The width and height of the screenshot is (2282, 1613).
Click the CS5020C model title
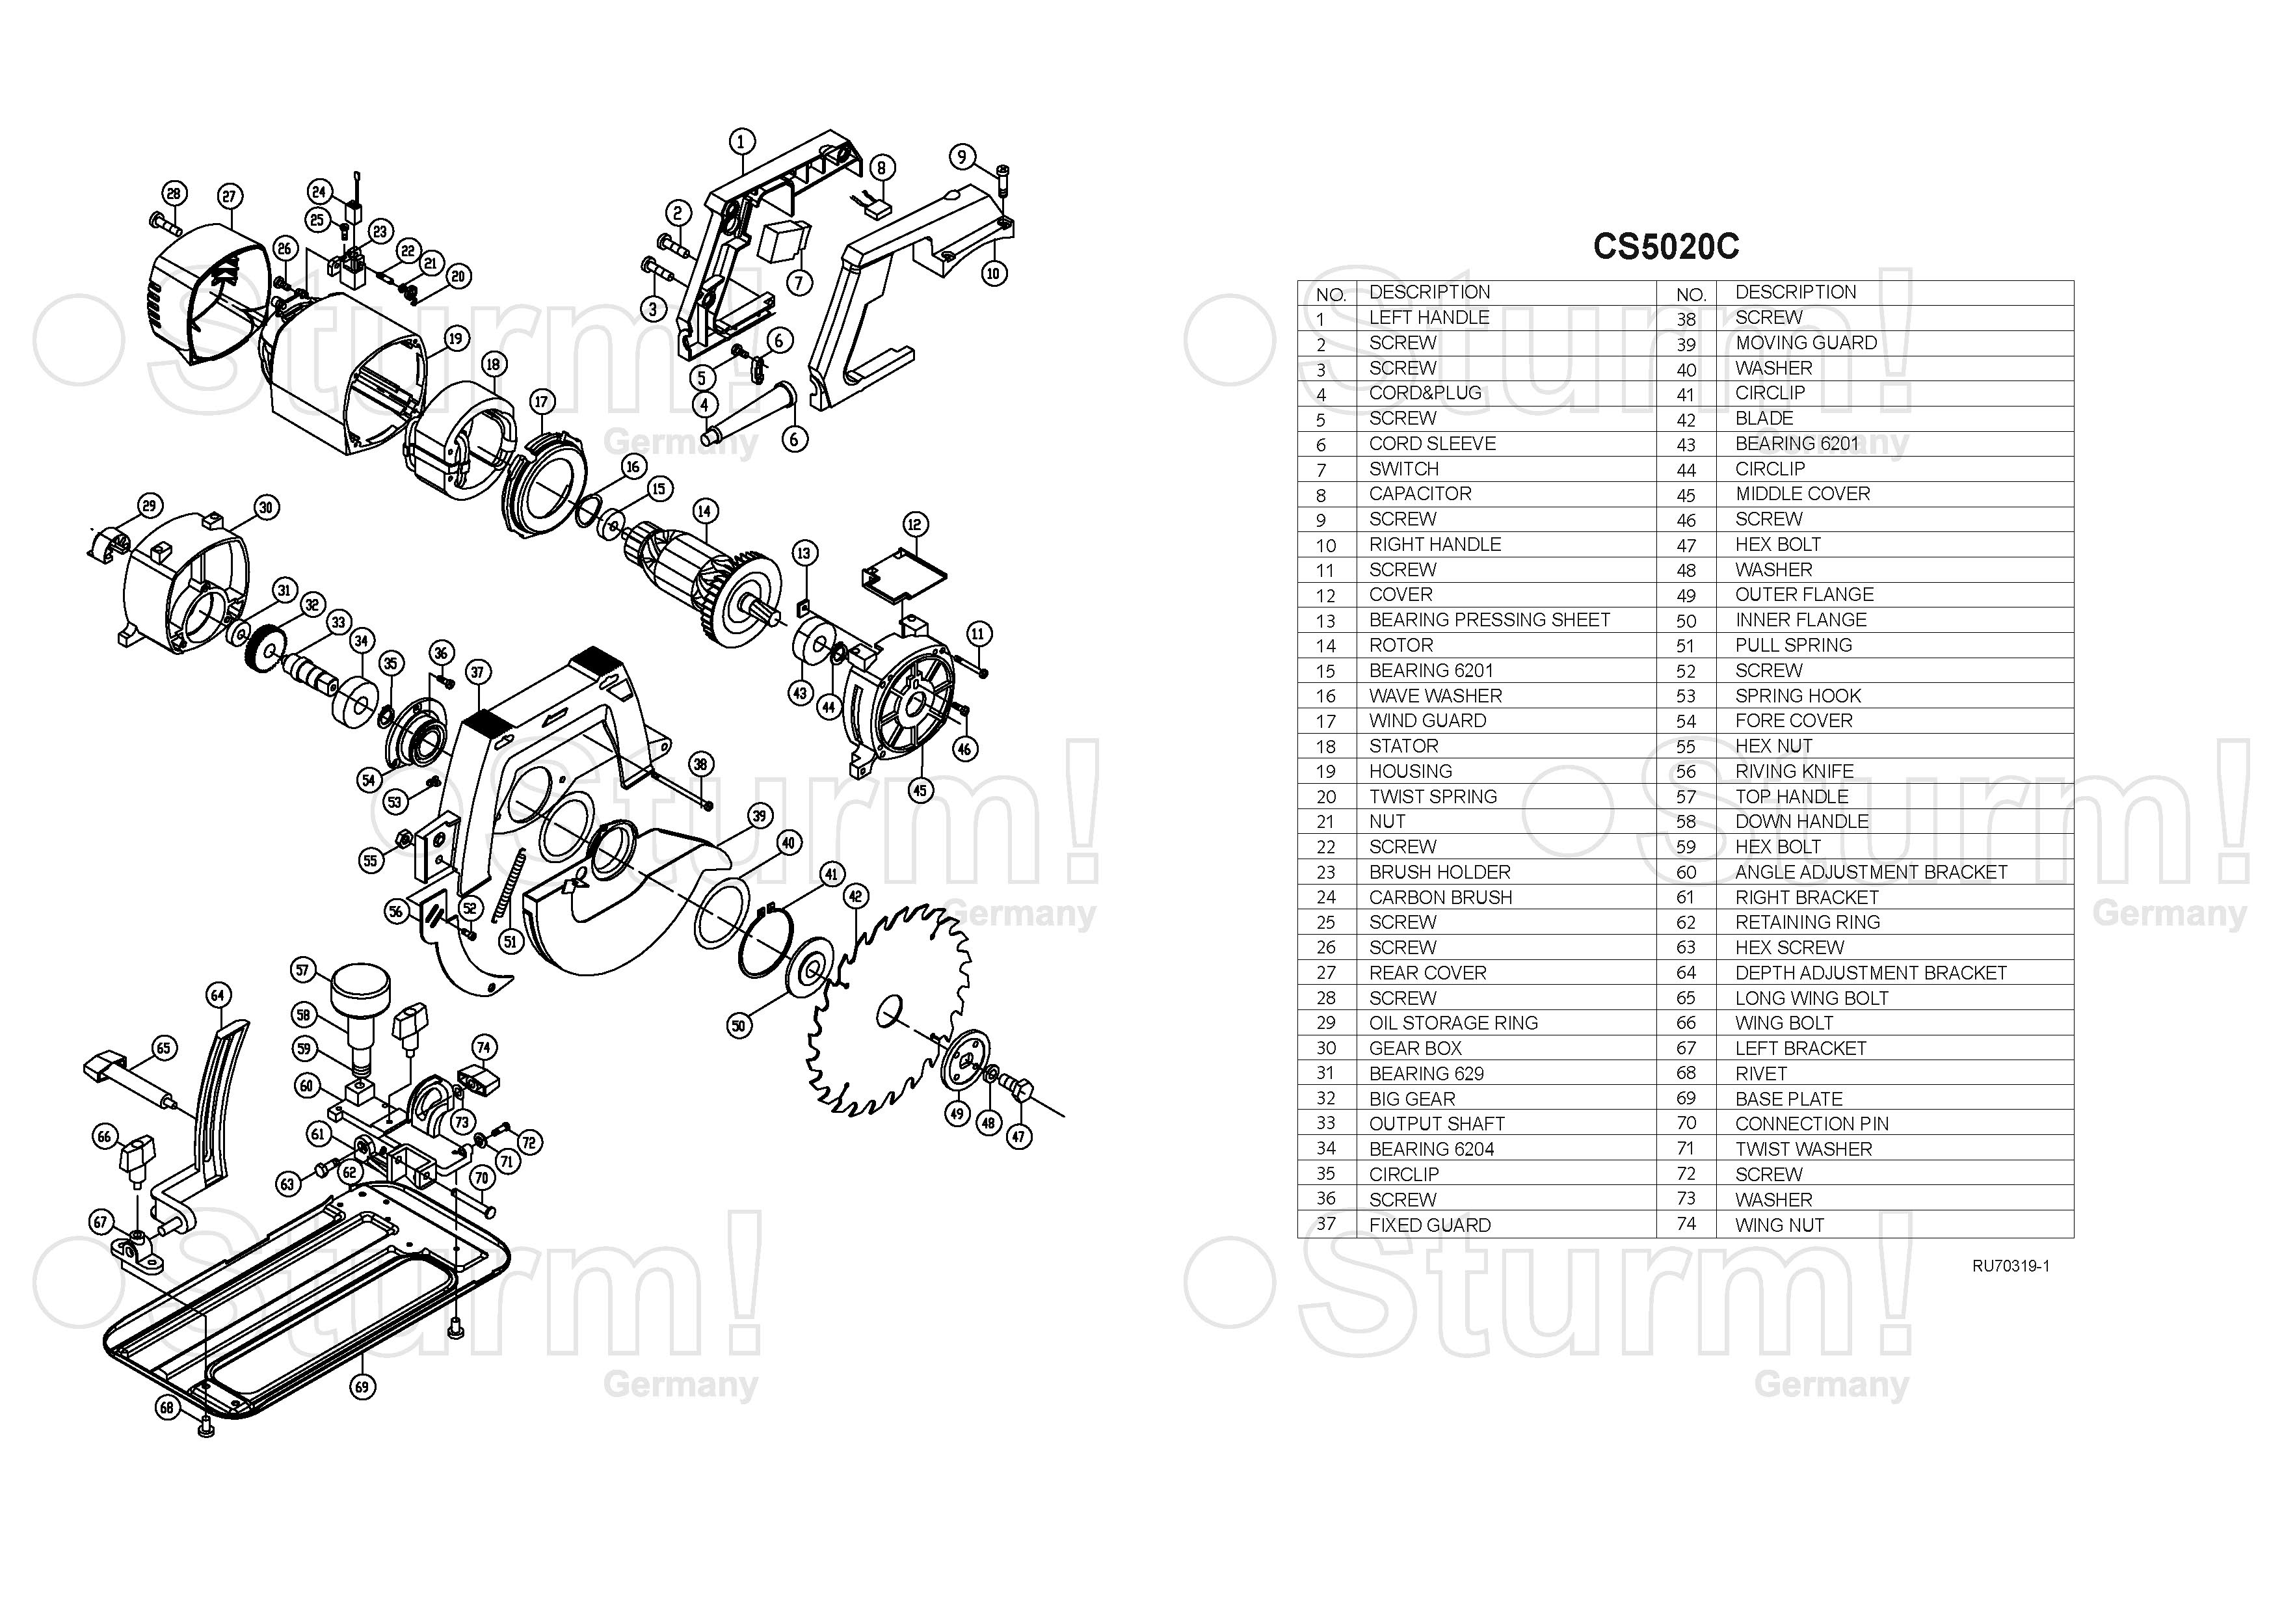[1665, 247]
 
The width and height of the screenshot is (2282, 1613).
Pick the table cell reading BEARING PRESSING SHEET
[1489, 620]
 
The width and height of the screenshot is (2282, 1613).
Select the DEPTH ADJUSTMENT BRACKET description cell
[1870, 973]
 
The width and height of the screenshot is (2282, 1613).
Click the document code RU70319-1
[2011, 1266]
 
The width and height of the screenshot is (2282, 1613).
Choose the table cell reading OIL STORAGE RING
[1453, 1022]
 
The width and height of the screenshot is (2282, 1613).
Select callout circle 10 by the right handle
[994, 273]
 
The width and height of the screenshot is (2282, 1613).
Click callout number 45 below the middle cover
[920, 791]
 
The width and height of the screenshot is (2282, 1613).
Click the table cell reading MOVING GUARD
[1806, 343]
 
